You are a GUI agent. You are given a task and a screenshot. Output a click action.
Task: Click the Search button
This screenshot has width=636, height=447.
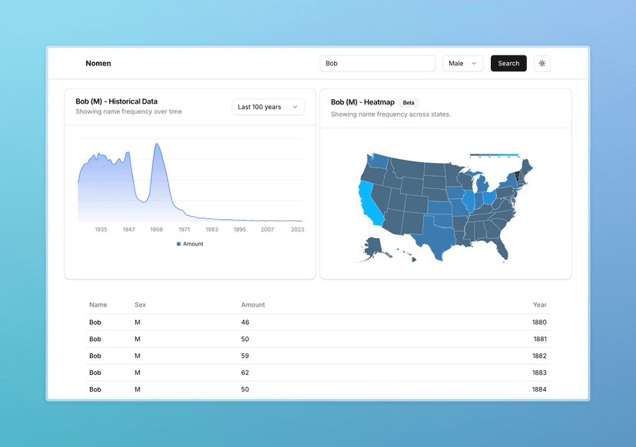(x=508, y=64)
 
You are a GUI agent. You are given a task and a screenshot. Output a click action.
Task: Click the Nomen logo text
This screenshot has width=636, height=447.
(x=98, y=64)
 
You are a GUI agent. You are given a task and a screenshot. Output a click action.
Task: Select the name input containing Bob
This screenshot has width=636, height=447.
(x=377, y=64)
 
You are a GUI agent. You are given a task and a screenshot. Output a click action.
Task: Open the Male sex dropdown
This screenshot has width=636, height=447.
(x=463, y=64)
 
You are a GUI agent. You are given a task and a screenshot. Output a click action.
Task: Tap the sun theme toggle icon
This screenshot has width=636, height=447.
(x=542, y=64)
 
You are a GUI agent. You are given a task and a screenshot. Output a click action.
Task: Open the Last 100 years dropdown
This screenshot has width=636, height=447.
(x=268, y=107)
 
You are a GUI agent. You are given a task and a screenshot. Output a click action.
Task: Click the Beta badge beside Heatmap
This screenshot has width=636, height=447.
(x=409, y=102)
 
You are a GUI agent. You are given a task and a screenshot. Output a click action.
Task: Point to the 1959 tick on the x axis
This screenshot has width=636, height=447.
(x=157, y=229)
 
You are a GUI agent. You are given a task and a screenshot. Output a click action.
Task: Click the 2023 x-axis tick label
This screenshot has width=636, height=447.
(x=297, y=229)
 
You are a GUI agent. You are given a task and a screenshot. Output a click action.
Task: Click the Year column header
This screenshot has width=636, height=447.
(x=539, y=305)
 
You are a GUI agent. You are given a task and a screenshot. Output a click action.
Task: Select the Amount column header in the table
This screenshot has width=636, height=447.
(x=253, y=305)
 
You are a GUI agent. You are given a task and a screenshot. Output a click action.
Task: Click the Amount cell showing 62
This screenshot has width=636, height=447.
(x=245, y=372)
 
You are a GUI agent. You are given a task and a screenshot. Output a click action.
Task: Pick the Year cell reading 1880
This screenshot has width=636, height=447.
(x=539, y=323)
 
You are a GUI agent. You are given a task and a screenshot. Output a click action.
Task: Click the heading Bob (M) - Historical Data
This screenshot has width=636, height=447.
(x=117, y=101)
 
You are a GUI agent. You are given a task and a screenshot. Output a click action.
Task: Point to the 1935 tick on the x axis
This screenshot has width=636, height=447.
(x=101, y=229)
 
